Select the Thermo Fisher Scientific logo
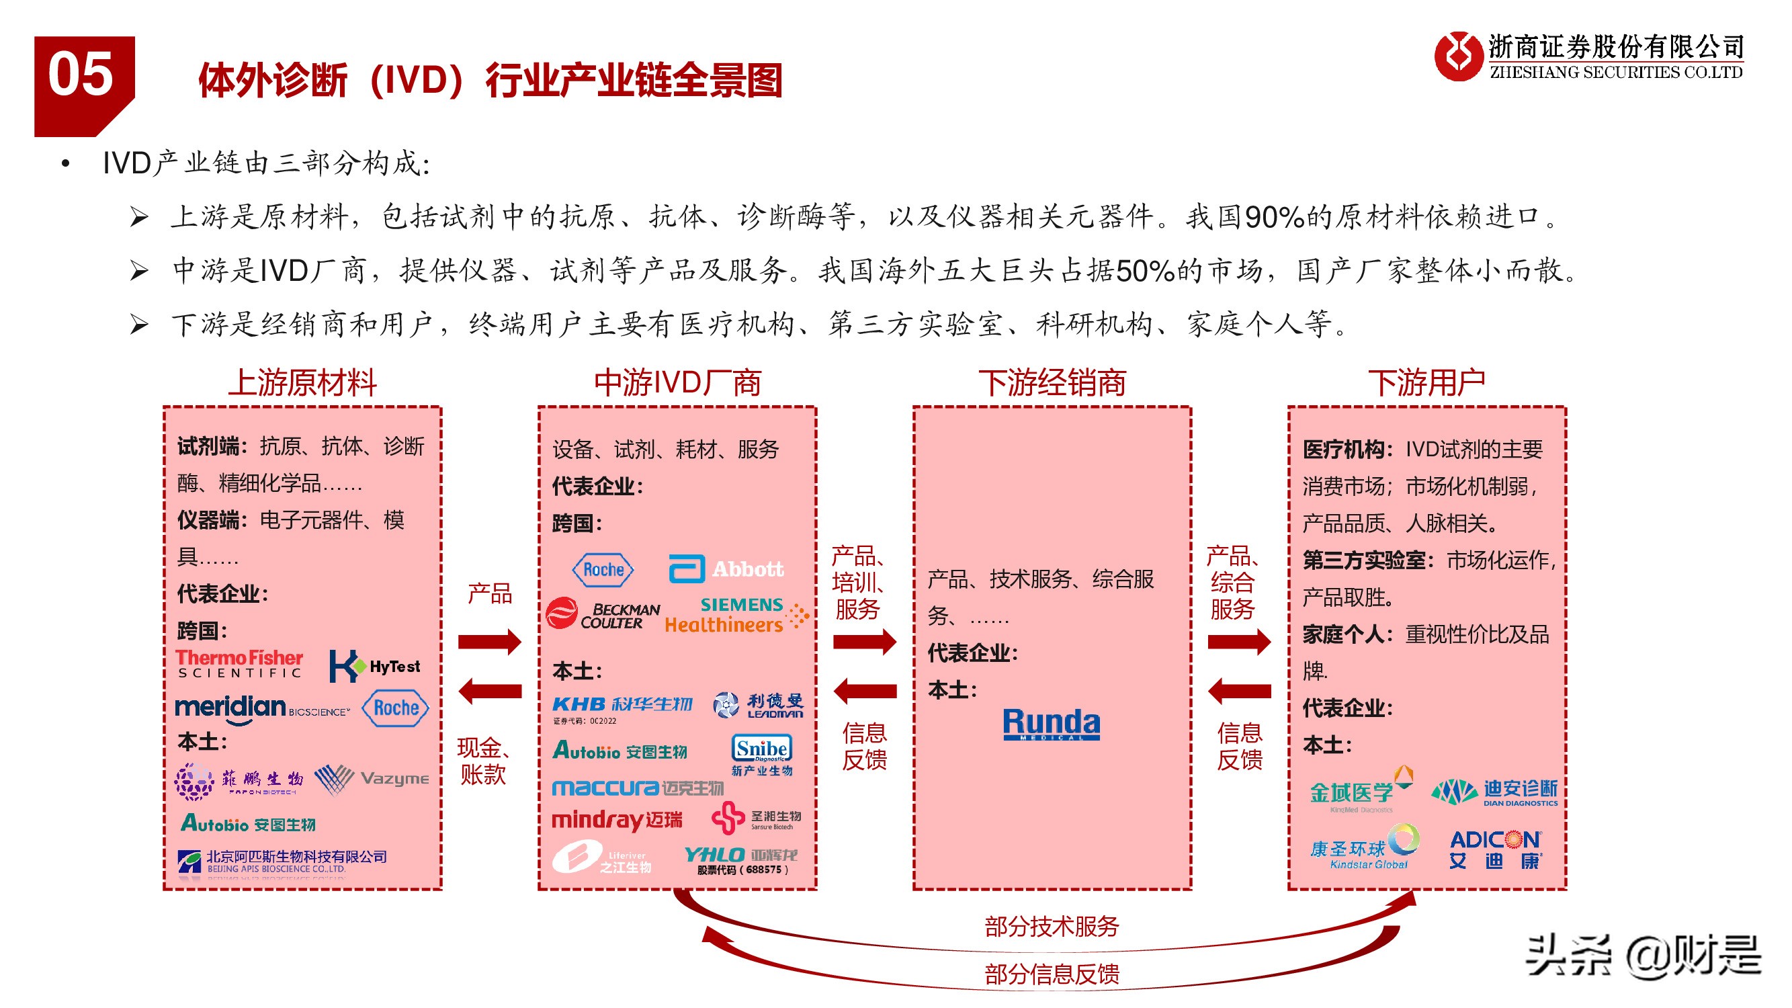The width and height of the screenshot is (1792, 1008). pos(239,663)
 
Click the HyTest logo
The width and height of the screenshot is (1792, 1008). pos(375,667)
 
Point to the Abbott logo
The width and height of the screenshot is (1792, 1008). pos(726,569)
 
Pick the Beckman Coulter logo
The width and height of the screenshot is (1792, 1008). pos(603,614)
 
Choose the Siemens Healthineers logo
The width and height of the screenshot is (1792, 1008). pos(736,615)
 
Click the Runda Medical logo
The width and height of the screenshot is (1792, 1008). pos(1051,724)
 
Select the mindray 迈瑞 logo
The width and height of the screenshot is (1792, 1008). pos(617,820)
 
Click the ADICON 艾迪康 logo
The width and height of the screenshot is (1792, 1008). pos(1495,849)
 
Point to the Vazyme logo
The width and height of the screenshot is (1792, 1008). pos(372,779)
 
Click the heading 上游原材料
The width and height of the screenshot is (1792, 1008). pos(302,382)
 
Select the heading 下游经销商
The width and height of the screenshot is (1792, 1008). pos(1052,382)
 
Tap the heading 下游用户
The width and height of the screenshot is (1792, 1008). pos(1426,382)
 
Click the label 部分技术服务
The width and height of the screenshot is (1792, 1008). pos(1051,926)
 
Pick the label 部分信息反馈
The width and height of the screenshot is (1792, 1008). pos(1051,974)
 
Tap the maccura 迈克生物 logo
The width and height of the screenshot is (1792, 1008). pos(637,788)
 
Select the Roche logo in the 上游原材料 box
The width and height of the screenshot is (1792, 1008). pos(396,708)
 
